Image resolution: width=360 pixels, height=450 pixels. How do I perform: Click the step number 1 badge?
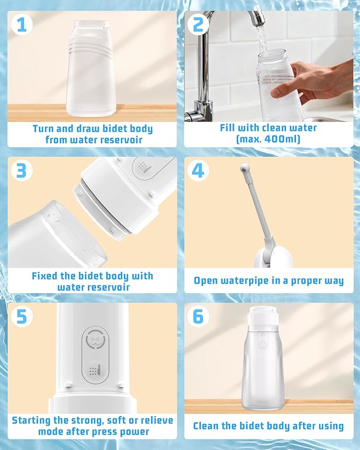(21, 24)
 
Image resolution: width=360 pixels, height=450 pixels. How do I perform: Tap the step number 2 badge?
(198, 24)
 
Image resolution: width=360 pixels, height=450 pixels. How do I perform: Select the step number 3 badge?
(21, 171)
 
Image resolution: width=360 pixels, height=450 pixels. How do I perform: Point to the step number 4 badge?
(198, 171)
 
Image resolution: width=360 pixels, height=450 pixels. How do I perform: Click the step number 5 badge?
(21, 316)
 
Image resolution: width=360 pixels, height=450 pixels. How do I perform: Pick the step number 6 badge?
(198, 316)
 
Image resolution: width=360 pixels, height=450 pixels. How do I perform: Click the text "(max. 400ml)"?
(268, 139)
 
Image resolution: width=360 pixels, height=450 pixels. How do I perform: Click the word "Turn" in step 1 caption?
(44, 129)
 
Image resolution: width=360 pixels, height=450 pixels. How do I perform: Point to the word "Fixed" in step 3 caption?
(46, 276)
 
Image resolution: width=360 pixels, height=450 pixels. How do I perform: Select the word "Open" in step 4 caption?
(206, 281)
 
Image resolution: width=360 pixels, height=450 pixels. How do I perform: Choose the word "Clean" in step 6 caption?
(207, 426)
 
